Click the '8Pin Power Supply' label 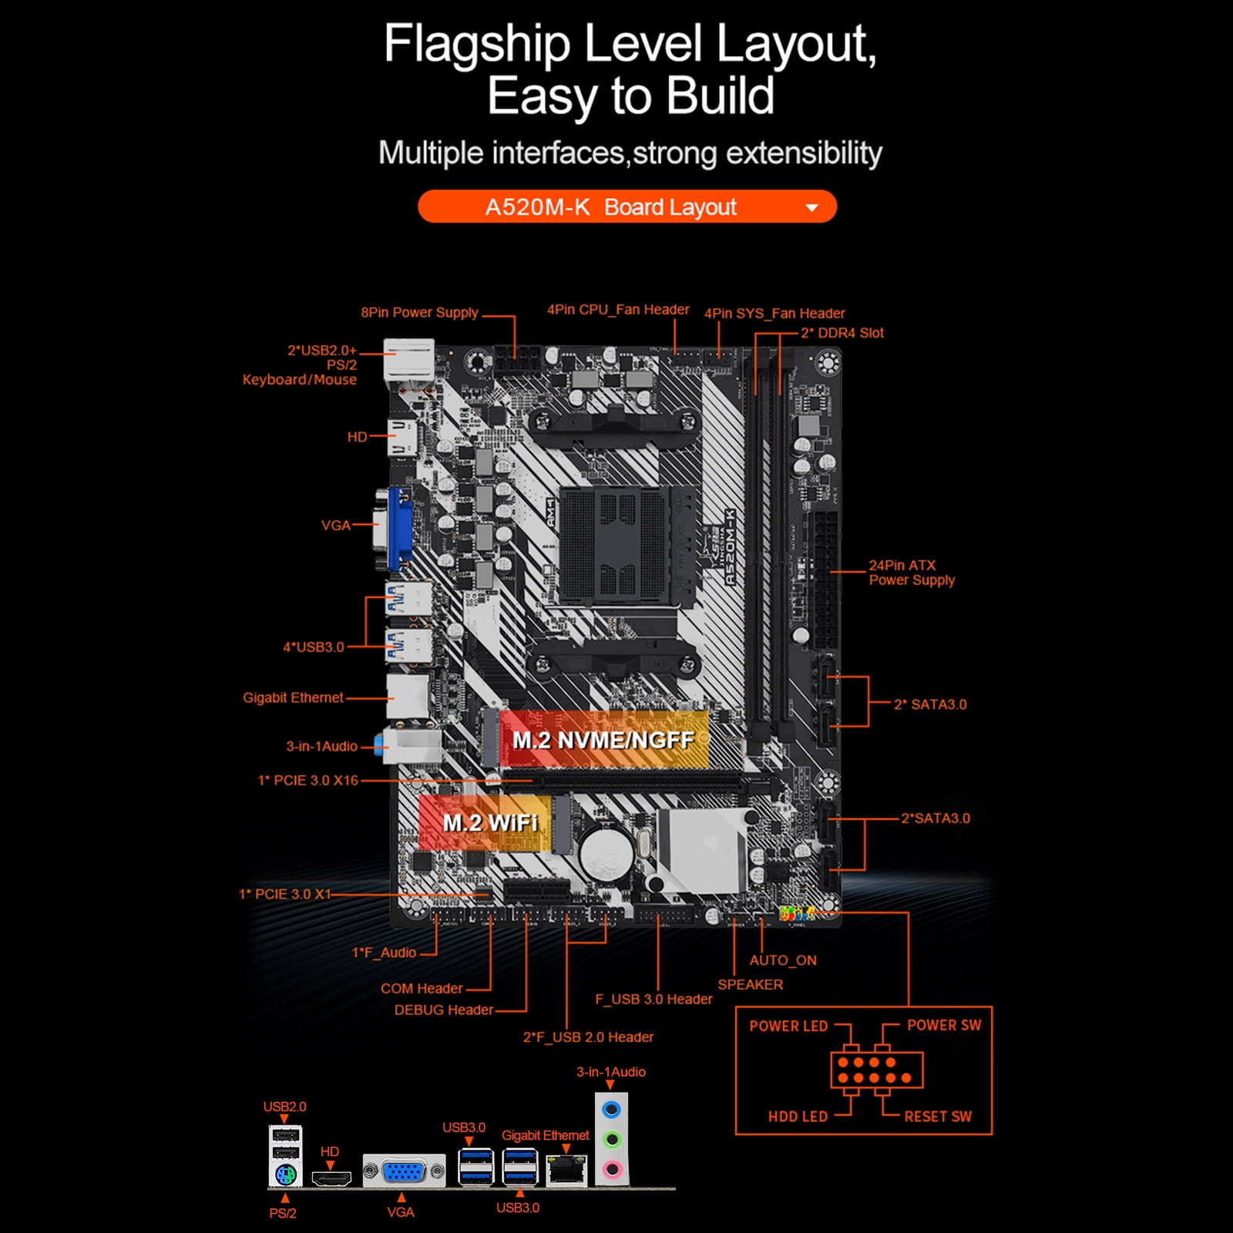[419, 312]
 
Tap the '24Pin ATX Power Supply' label [911, 573]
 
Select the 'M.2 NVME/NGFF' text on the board [603, 741]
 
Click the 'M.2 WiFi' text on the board [490, 823]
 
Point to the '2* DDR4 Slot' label [842, 333]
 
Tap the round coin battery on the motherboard [606, 853]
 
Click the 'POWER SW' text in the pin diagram [943, 1025]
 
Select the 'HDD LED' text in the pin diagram [798, 1116]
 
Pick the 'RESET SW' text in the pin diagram [937, 1116]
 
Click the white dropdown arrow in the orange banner [811, 207]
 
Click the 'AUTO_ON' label [783, 960]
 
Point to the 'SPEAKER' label [750, 984]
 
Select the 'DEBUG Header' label [444, 1010]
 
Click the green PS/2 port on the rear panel [285, 1174]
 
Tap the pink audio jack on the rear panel [612, 1169]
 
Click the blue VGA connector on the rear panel [404, 1172]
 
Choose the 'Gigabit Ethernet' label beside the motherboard [293, 697]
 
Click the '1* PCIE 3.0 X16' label [308, 780]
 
